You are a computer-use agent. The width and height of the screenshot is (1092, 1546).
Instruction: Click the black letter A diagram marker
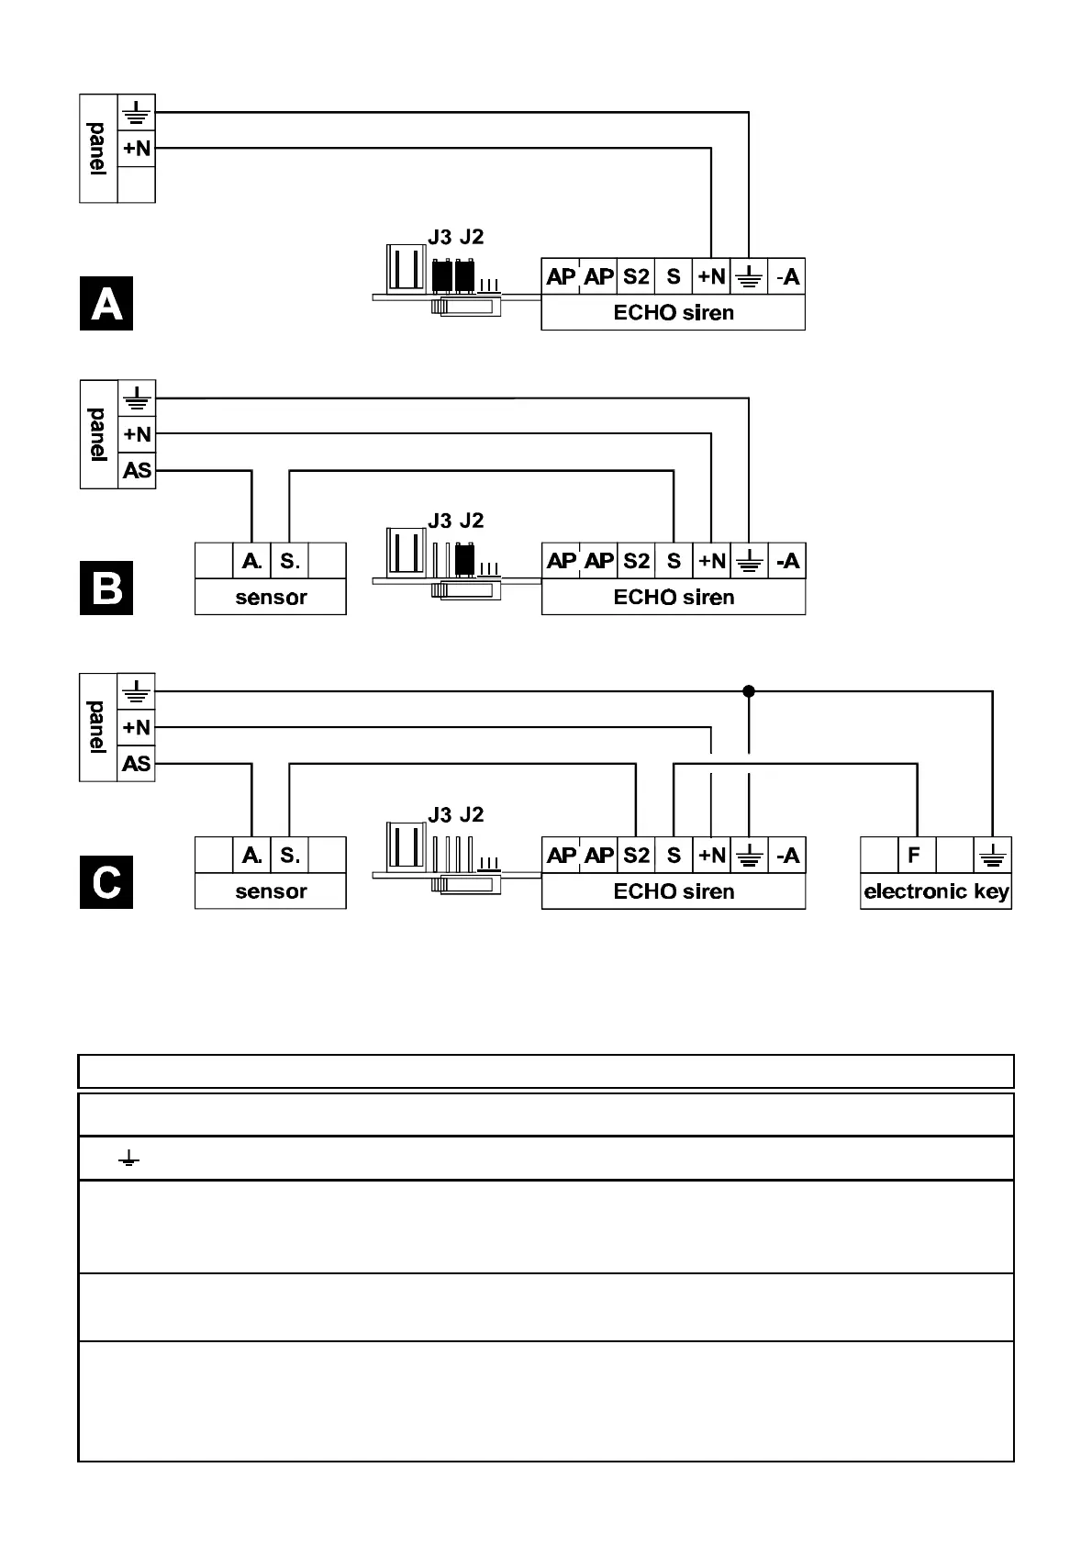coord(106,303)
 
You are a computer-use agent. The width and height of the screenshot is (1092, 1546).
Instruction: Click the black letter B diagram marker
coord(106,588)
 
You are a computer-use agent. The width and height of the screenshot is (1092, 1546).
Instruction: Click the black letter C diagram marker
coord(106,882)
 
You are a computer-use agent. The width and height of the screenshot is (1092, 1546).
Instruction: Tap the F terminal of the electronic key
coord(914,855)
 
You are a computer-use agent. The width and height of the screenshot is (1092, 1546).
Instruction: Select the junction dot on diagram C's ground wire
coord(749,690)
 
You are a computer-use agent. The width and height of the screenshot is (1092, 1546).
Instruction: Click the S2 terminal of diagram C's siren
coord(636,855)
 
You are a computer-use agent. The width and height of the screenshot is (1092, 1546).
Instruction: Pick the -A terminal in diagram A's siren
coord(787,276)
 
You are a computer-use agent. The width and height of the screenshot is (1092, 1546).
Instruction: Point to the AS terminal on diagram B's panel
coord(137,470)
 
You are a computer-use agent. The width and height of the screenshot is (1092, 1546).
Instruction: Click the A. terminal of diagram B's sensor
coord(251,560)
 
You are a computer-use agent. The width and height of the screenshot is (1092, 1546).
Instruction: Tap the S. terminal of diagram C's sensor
coord(290,855)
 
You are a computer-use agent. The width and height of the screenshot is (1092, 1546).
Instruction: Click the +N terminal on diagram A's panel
coord(137,148)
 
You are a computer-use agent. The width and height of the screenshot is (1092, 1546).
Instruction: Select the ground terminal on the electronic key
coord(993,855)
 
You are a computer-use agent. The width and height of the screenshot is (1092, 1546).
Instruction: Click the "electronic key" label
coord(936,891)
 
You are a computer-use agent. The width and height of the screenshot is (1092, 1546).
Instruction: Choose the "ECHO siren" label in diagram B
coord(674,598)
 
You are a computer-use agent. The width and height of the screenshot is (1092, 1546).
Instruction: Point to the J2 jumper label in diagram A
coord(472,237)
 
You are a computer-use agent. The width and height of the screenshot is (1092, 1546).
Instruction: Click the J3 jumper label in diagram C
coord(440,814)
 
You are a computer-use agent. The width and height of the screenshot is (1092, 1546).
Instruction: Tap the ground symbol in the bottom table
coord(129,1159)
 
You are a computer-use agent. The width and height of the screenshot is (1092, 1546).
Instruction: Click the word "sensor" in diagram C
coord(271,891)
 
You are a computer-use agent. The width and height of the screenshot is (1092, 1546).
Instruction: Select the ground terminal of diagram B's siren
coord(750,560)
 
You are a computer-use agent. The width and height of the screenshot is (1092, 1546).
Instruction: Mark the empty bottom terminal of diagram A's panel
coord(137,185)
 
